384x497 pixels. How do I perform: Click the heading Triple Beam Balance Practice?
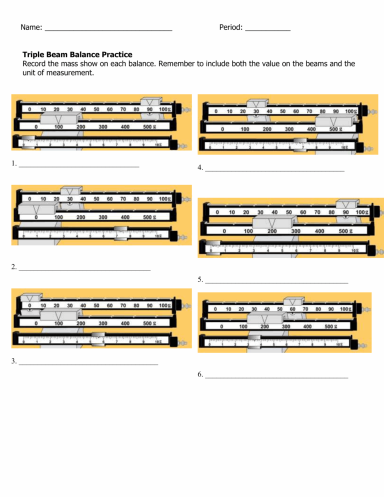click(77, 54)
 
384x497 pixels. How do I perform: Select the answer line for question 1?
click(78, 165)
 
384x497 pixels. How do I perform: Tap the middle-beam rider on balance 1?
click(59, 120)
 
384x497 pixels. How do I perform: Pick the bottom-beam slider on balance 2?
click(121, 233)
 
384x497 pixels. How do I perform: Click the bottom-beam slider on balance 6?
click(254, 341)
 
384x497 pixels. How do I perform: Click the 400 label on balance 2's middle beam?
click(125, 217)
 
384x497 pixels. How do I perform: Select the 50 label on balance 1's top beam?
click(96, 109)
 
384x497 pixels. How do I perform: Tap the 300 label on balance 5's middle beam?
click(295, 231)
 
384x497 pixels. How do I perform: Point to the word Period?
click(230, 27)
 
